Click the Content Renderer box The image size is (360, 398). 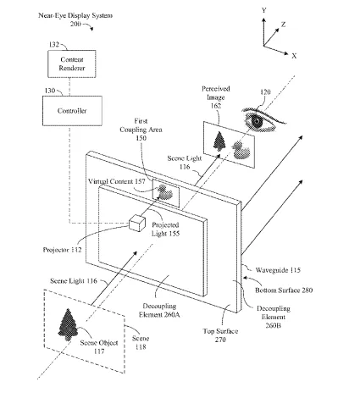[72, 64]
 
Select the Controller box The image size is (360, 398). [72, 111]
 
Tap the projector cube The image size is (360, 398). [137, 224]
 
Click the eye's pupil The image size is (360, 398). [257, 121]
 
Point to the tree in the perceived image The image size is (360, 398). [220, 141]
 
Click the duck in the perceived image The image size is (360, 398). [241, 150]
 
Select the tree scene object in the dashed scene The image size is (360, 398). [68, 324]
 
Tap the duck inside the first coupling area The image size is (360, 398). [164, 192]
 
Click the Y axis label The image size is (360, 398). [263, 10]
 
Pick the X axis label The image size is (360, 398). [294, 56]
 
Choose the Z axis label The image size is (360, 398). [283, 25]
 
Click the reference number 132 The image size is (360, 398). [54, 44]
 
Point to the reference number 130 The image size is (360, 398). [50, 91]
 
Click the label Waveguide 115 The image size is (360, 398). [278, 270]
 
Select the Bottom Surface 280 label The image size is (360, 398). [284, 290]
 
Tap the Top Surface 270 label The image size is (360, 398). [220, 335]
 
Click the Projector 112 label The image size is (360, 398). [62, 250]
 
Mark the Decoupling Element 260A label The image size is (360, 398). [159, 310]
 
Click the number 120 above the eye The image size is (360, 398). [265, 92]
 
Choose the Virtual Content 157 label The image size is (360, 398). [117, 181]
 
